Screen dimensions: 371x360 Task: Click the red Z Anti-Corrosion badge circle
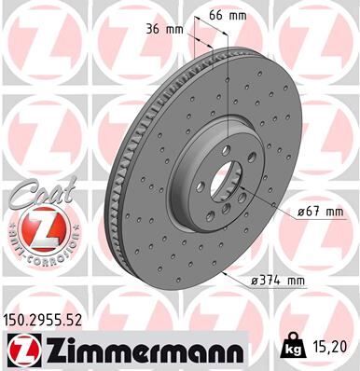[x=35, y=227]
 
